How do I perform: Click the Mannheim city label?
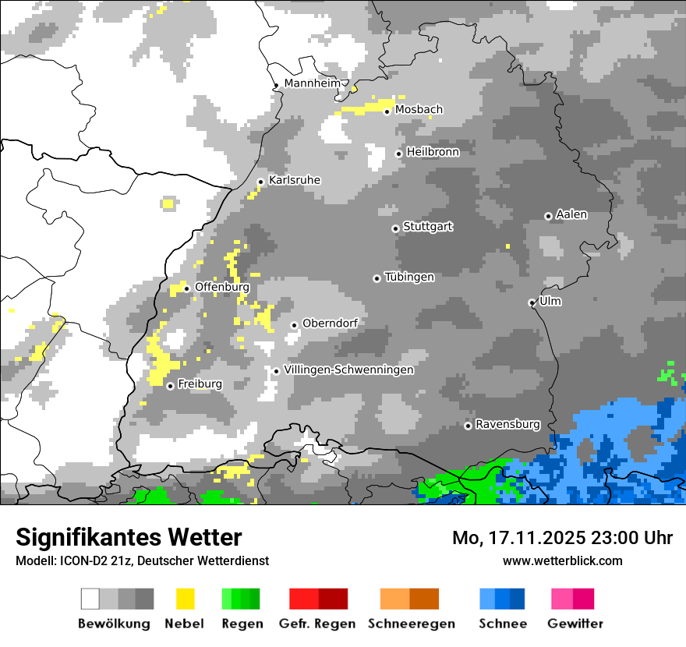[312, 83]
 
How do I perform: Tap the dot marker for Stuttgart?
[395, 228]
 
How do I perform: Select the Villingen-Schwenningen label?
[348, 370]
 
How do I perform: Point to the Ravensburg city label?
[507, 425]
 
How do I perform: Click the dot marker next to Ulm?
[532, 302]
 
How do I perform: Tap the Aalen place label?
[571, 215]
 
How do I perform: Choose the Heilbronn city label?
[433, 152]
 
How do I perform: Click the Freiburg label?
[200, 384]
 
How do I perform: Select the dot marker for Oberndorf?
[294, 325]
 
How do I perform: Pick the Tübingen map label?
[409, 278]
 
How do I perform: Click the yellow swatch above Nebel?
[185, 599]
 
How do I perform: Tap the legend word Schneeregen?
[412, 624]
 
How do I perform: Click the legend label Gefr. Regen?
[317, 624]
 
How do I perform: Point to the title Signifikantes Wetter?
[129, 537]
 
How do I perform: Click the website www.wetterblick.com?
[562, 560]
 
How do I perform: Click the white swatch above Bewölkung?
[90, 599]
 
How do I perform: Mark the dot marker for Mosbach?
[387, 111]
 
